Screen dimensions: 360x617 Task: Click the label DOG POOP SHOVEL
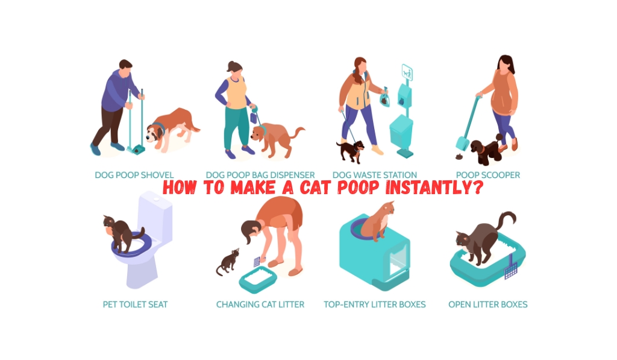(x=134, y=175)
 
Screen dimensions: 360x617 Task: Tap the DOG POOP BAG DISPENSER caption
(x=261, y=175)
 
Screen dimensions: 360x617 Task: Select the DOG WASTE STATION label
(x=375, y=175)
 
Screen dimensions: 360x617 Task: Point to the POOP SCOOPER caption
(x=488, y=175)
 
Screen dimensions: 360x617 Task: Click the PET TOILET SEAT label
(x=135, y=305)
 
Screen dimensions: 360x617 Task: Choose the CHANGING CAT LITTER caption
(x=260, y=305)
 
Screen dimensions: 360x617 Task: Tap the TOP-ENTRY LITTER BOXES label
(x=375, y=305)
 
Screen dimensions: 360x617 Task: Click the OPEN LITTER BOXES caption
(x=488, y=305)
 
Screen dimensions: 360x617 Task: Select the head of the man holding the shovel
(x=125, y=66)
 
